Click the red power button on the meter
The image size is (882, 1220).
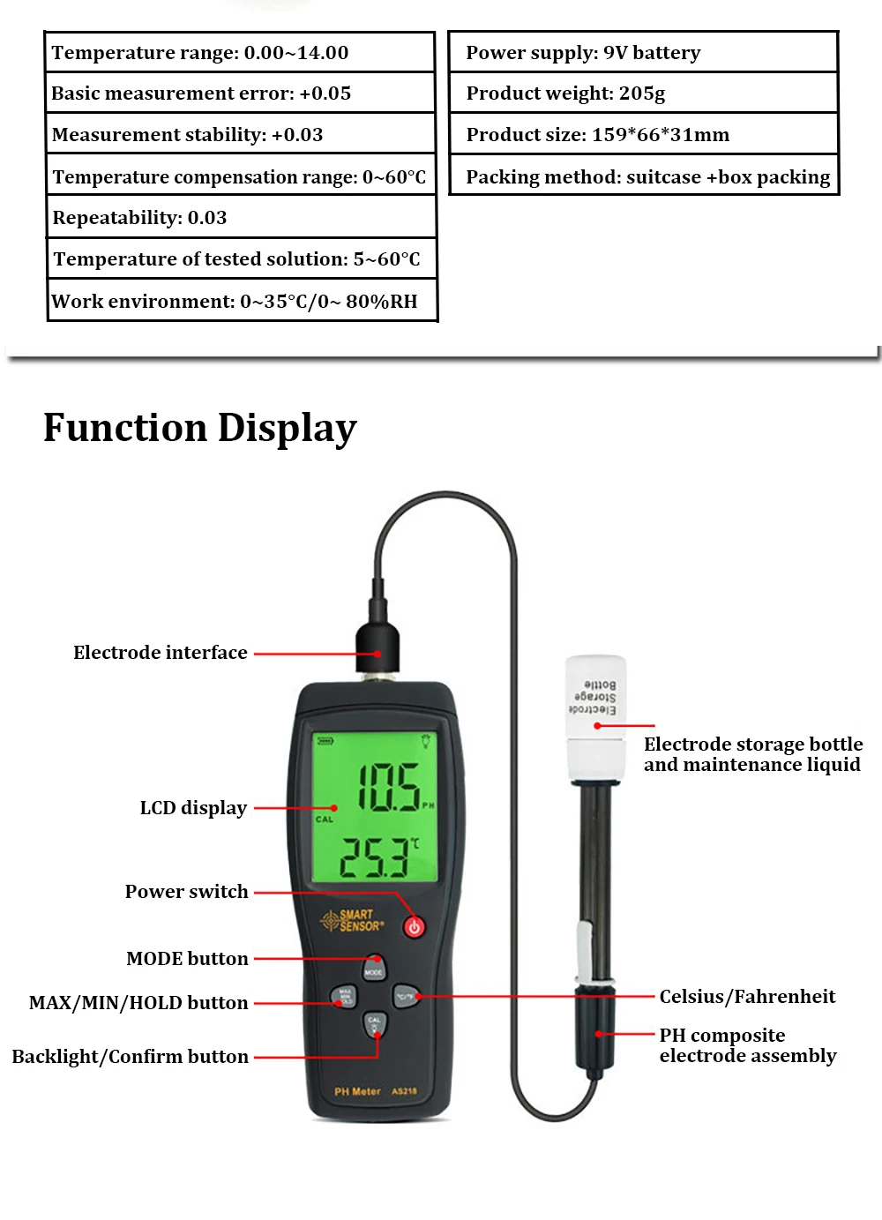point(414,926)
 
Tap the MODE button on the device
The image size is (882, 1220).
point(374,969)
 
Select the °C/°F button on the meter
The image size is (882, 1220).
point(405,997)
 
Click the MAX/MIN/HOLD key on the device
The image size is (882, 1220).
point(344,997)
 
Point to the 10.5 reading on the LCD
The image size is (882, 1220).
point(388,787)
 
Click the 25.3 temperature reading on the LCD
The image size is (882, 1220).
point(376,857)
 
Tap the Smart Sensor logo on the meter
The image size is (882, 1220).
point(353,921)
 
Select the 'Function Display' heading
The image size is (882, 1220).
point(200,428)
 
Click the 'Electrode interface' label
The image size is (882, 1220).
point(161,653)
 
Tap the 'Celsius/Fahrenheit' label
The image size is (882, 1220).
point(747,997)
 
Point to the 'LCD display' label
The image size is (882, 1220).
point(193,808)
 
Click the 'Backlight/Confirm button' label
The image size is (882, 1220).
point(131,1057)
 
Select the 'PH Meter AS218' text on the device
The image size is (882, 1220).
point(376,1092)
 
